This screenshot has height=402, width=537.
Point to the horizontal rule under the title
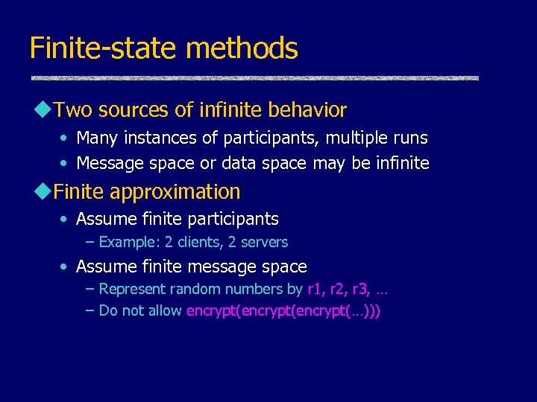254,78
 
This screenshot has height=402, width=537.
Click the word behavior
311,110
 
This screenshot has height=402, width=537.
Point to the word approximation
175,192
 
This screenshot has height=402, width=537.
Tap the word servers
263,242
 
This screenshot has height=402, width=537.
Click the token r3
361,289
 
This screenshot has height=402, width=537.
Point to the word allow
164,310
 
